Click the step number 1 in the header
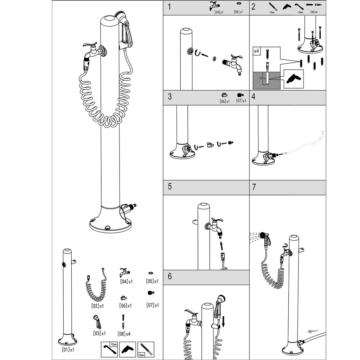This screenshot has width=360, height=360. (x=169, y=7)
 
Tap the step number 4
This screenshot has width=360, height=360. (x=253, y=96)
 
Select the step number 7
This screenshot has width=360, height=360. (x=254, y=187)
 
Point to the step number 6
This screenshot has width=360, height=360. (x=170, y=276)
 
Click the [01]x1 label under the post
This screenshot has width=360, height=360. (x=68, y=350)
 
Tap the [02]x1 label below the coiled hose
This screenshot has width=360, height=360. (x=97, y=306)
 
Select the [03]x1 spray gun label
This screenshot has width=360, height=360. (x=99, y=333)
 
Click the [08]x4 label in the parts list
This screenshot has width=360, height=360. (x=124, y=334)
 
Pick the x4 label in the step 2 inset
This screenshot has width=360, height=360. (x=256, y=51)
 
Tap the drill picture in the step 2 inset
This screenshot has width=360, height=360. (x=294, y=79)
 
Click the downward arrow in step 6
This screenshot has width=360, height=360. (x=223, y=321)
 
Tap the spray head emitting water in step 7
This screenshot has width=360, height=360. (x=262, y=235)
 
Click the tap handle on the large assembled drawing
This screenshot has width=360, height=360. (x=90, y=44)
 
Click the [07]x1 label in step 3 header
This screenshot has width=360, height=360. (x=241, y=101)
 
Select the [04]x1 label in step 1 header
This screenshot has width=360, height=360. (x=219, y=12)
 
